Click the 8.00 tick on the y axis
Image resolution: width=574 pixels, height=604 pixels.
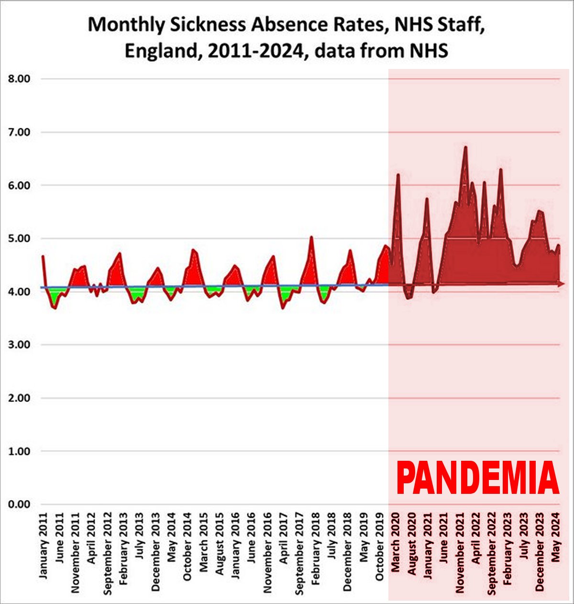(20, 79)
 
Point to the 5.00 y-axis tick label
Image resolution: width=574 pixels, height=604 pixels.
(20, 238)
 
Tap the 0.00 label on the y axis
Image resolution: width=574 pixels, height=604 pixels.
(20, 504)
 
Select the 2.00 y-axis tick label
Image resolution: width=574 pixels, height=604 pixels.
(20, 398)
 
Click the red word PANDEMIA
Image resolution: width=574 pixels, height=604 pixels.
(477, 478)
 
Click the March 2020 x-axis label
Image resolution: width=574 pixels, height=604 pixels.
(396, 542)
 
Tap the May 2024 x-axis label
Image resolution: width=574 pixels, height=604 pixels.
(556, 537)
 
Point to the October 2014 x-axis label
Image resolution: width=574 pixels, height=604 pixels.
(188, 547)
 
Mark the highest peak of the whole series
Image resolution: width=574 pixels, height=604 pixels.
(465, 148)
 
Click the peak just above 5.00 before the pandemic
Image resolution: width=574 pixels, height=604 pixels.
(311, 237)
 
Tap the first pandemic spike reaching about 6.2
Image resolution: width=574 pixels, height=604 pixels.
(398, 175)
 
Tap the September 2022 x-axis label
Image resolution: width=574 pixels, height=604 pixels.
(492, 554)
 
